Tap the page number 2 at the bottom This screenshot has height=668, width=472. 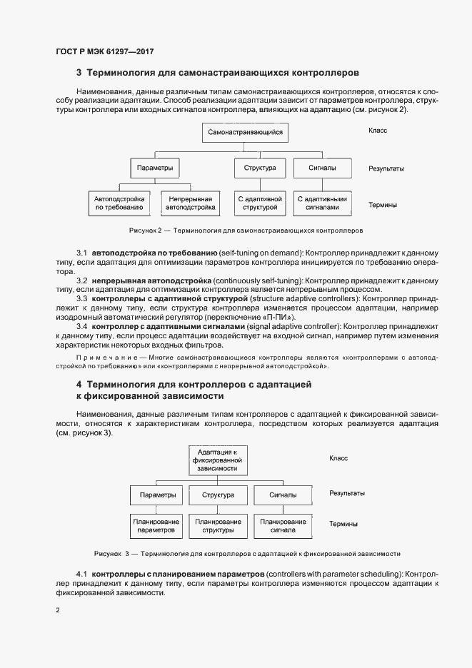pos(58,610)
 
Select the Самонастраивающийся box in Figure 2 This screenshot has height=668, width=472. pos(246,132)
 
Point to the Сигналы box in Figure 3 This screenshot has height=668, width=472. pos(283,495)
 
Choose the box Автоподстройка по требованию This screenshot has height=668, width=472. pos(120,203)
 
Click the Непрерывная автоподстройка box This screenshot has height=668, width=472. pos(190,203)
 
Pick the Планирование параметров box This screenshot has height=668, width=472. pos(157,527)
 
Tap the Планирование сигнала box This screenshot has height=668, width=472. pos(283,527)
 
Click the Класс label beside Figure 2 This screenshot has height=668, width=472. pos(378,131)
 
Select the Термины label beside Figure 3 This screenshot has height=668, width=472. pos(343,524)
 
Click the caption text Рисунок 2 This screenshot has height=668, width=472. pos(146,231)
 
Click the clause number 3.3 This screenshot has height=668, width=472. pos(81,298)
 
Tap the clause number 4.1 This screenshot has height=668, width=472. pos(81,574)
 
